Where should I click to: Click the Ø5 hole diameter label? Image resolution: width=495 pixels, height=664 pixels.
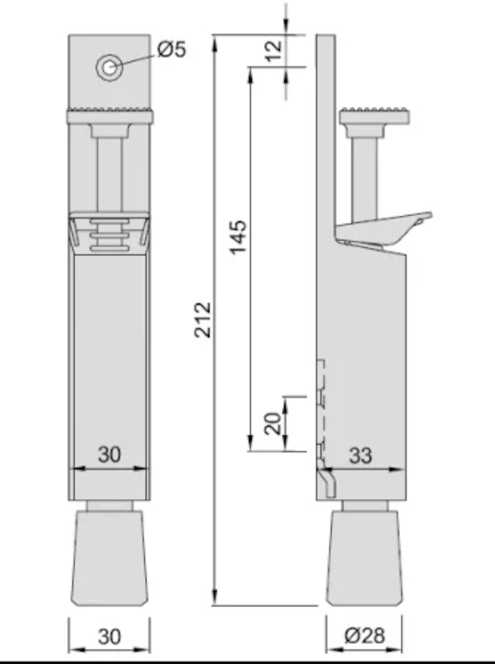tap(172, 49)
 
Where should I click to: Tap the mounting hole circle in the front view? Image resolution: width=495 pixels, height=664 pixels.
tap(109, 68)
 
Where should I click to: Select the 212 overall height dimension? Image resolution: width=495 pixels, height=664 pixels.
tap(203, 320)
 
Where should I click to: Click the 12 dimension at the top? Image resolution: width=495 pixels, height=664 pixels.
tap(274, 51)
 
